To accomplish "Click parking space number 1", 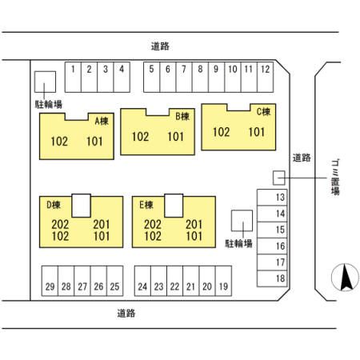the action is tap(73, 78).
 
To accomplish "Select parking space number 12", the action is tap(266, 78).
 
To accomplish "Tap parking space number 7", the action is tap(184, 78).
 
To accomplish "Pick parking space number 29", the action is tap(50, 281).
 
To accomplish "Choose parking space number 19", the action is tap(223, 281).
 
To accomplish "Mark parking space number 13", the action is tap(272, 198).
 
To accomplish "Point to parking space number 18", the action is tap(272, 278).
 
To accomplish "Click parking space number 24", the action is tap(142, 281).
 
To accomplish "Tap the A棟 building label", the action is tap(102, 122).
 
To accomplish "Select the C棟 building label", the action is tap(263, 112).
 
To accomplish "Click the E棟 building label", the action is tap(146, 205).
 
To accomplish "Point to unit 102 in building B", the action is tap(140, 137).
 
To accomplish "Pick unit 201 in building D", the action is tap(102, 225).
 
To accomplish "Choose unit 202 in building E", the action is tap(153, 225).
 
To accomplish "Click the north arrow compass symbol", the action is tap(345, 278).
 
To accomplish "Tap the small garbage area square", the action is tap(279, 178).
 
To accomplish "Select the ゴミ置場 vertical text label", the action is tap(335, 178).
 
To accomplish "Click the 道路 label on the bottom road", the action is tap(126, 313).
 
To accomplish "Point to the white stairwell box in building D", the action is tap(82, 206).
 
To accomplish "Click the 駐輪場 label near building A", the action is tap(49, 104).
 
